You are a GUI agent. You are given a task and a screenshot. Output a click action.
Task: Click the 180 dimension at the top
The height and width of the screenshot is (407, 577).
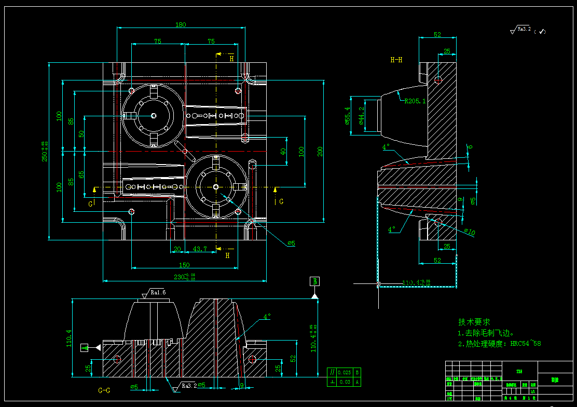pyautogui.click(x=181, y=24)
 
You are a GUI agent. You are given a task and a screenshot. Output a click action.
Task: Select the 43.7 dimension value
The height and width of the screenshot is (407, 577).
pyautogui.click(x=200, y=249)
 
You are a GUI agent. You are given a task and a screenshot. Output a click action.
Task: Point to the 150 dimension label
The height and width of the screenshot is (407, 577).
pyautogui.click(x=184, y=265)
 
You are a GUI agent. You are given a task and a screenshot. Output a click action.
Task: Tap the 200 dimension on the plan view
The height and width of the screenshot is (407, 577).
pyautogui.click(x=321, y=151)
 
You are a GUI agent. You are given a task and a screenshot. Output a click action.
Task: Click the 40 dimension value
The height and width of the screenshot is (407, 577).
pyautogui.click(x=283, y=152)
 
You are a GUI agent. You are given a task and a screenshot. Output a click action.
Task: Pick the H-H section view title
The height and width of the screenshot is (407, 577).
pyautogui.click(x=396, y=60)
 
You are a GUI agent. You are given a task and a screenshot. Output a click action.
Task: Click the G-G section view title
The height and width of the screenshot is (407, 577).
pyautogui.click(x=104, y=389)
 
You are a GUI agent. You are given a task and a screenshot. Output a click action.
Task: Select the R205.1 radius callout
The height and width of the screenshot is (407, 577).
pyautogui.click(x=415, y=101)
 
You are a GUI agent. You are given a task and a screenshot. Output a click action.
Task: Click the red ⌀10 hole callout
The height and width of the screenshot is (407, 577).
pyautogui.click(x=469, y=232)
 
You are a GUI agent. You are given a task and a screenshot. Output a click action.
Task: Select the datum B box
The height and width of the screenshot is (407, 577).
pyautogui.click(x=314, y=281)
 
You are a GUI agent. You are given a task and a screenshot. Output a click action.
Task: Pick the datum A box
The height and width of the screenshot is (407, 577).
pyautogui.click(x=85, y=347)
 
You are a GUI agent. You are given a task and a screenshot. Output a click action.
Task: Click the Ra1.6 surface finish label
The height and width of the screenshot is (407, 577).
pyautogui.click(x=158, y=293)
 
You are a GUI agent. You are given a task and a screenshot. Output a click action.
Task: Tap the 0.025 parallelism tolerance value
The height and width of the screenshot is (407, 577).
pyautogui.click(x=344, y=372)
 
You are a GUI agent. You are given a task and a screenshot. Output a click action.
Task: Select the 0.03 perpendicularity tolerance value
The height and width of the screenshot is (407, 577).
pyautogui.click(x=344, y=382)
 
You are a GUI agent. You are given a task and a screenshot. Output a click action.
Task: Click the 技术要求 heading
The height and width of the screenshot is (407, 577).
pyautogui.click(x=474, y=322)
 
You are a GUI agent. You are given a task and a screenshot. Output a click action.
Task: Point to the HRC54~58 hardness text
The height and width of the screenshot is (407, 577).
pyautogui.click(x=526, y=343)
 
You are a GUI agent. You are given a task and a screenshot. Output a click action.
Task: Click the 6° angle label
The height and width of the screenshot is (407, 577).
pyautogui.click(x=470, y=147)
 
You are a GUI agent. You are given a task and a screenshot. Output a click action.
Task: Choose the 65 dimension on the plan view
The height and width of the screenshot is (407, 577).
pyautogui.click(x=81, y=174)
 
